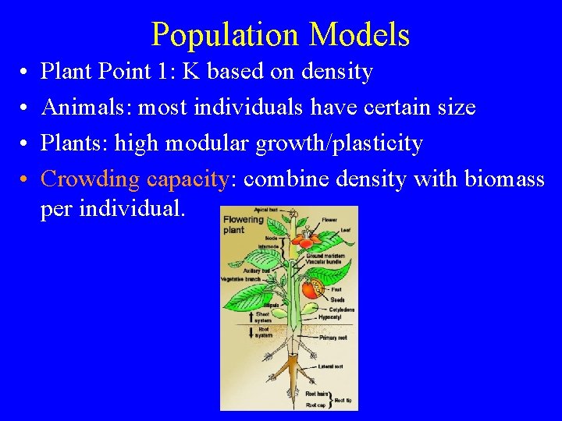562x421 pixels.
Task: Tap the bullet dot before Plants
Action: (x=25, y=143)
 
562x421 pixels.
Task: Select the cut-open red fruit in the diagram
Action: (x=311, y=289)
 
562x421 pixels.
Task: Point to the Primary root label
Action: (x=333, y=338)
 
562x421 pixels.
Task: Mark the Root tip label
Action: (x=343, y=400)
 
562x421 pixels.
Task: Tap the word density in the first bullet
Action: (x=340, y=73)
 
